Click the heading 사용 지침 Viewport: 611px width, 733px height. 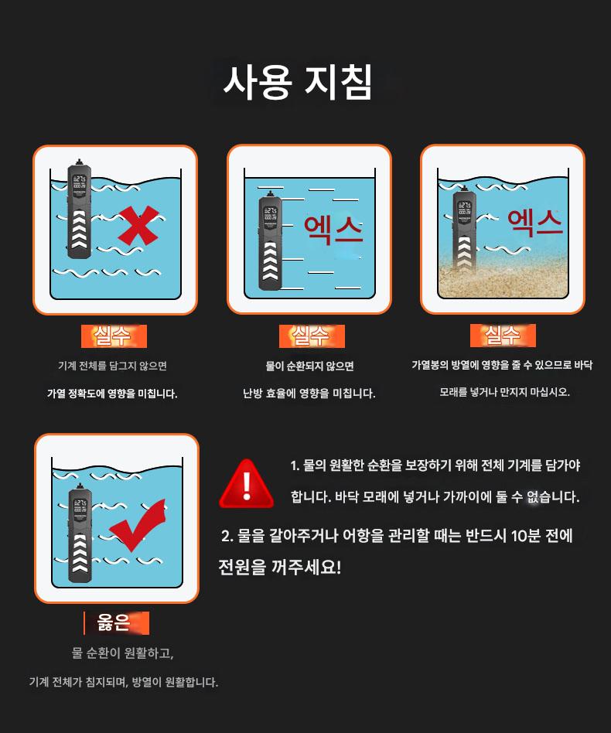[297, 82]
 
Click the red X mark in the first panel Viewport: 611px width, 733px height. [138, 225]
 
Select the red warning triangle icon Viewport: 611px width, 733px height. [247, 484]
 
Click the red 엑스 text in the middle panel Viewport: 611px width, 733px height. [333, 230]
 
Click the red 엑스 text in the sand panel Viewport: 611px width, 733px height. [534, 223]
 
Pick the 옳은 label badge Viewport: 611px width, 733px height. [117, 622]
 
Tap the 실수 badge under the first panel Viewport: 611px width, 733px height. [114, 336]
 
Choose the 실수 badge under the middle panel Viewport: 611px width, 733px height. [312, 336]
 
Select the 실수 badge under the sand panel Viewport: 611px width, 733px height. [503, 335]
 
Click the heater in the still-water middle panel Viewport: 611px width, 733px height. [270, 240]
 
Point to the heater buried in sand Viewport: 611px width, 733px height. [464, 228]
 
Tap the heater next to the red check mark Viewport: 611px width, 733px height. [80, 533]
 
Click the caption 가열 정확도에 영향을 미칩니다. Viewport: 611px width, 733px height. [112, 394]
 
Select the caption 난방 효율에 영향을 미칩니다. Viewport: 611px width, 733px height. [309, 393]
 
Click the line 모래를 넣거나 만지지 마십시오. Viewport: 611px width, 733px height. [504, 392]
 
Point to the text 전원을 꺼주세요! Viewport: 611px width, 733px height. [279, 567]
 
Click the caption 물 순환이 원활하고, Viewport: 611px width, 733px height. [122, 653]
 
